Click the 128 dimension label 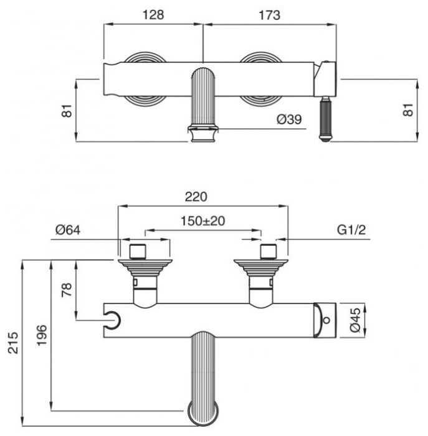click(x=153, y=15)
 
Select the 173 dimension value click(x=269, y=16)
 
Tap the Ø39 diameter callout click(x=289, y=119)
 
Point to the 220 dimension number click(x=196, y=197)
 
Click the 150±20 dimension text click(x=202, y=221)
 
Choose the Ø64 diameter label click(x=68, y=230)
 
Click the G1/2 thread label click(x=351, y=230)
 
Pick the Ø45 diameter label click(x=356, y=320)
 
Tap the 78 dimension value click(x=67, y=289)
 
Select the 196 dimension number click(x=42, y=335)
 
